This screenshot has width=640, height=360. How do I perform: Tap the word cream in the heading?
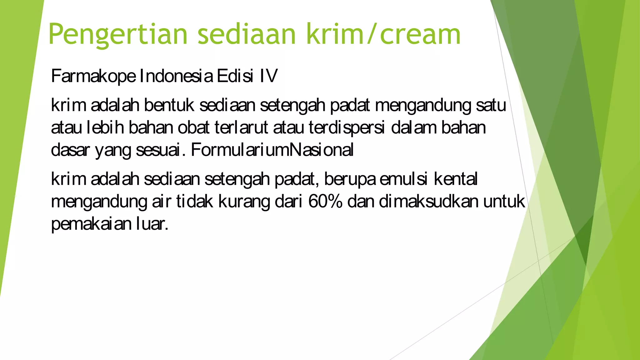[420, 34]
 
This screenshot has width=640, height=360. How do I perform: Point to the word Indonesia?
[176, 76]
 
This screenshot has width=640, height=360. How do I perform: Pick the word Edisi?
[235, 76]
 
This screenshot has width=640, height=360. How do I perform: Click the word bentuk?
[169, 105]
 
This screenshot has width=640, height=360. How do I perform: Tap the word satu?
[491, 105]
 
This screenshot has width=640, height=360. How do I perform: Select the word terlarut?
[241, 127]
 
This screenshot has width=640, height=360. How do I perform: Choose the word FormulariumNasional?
[272, 150]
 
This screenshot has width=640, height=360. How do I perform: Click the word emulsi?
[403, 179]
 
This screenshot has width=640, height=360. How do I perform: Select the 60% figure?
[325, 201]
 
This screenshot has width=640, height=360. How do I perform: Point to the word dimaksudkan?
[428, 201]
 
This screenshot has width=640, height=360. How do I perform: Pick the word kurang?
[244, 201]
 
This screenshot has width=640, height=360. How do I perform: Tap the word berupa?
[350, 179]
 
